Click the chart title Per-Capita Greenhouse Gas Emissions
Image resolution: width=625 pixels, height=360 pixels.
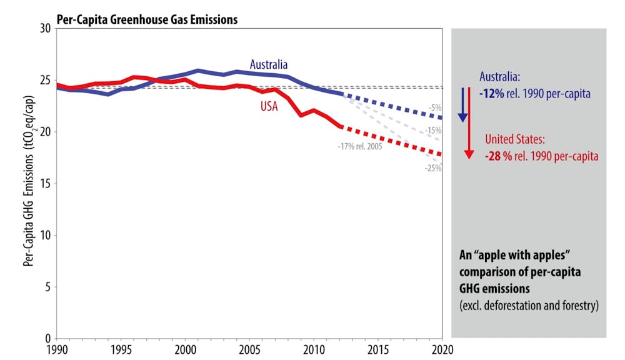147,19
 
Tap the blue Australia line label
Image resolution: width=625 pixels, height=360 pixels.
269,64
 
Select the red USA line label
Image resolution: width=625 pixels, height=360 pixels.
269,106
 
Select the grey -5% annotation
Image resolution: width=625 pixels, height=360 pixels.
436,107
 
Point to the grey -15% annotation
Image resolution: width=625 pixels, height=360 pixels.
434,131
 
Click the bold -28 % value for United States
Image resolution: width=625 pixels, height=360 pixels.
499,156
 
